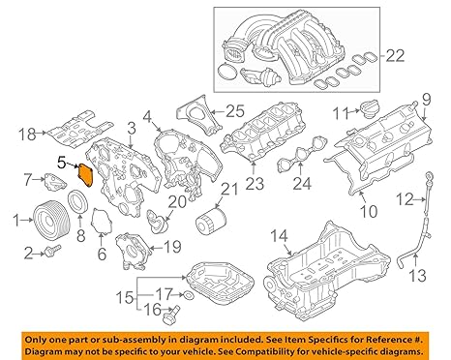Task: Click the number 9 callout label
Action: pyautogui.click(x=426, y=99)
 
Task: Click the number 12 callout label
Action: pyautogui.click(x=405, y=199)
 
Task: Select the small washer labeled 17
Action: pyautogui.click(x=187, y=293)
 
